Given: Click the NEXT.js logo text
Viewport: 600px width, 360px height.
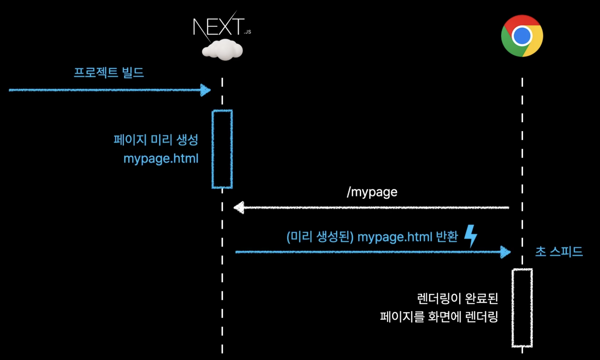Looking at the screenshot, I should (x=219, y=27).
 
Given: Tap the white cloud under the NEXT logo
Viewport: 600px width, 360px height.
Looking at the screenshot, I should (x=222, y=50).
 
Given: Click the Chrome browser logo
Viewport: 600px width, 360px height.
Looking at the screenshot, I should (x=522, y=36).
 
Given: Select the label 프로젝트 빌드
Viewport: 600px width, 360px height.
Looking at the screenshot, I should (x=109, y=73).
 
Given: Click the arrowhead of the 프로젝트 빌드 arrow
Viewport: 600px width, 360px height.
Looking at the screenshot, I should (x=206, y=90).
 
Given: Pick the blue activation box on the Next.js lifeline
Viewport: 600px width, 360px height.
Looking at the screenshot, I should (x=222, y=149).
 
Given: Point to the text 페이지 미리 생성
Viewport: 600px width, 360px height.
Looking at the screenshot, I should (x=156, y=140).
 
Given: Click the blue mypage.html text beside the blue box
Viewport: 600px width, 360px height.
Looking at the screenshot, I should (x=161, y=159).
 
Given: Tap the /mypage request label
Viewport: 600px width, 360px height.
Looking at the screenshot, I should (x=372, y=192).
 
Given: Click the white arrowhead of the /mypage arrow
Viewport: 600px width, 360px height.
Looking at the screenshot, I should (x=239, y=208).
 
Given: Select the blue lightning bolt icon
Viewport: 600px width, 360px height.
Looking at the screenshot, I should (x=471, y=236).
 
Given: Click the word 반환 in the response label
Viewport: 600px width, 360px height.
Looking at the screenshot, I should (x=447, y=237).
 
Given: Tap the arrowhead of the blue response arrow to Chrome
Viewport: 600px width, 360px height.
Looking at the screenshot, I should (x=505, y=252).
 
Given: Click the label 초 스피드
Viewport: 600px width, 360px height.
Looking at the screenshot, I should (x=559, y=252).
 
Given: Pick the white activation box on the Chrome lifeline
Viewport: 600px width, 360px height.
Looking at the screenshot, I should (x=522, y=308).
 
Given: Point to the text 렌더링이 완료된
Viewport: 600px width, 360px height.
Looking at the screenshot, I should (x=457, y=298).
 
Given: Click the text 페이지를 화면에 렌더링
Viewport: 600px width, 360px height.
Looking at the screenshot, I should (x=439, y=317).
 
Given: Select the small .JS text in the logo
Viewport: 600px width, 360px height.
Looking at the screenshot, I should (x=248, y=32).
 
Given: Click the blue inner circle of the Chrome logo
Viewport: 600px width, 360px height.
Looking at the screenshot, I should (x=522, y=36).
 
